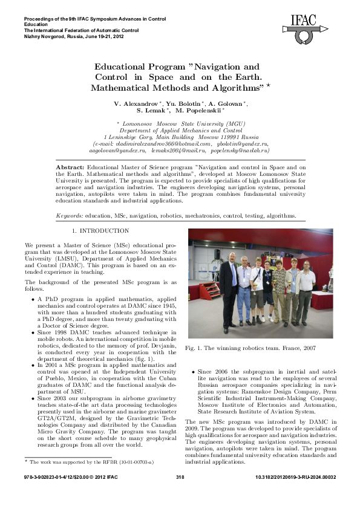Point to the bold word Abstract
[x=70, y=166]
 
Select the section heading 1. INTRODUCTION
[x=100, y=232]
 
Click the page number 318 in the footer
[x=180, y=495]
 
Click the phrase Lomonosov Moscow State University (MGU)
[x=182, y=123]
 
